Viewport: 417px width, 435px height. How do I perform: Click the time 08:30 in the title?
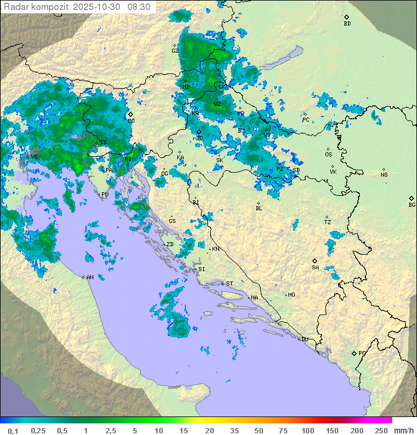(x=139, y=7)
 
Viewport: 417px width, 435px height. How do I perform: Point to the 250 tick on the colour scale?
(x=381, y=430)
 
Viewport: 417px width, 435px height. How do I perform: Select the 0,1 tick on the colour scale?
(x=13, y=430)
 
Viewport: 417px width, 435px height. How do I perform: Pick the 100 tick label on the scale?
(x=308, y=430)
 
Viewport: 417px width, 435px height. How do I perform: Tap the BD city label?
(x=347, y=24)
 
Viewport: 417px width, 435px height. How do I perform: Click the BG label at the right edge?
(x=412, y=204)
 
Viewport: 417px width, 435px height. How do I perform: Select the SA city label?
(x=315, y=267)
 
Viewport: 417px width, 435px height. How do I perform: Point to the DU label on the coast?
(x=305, y=339)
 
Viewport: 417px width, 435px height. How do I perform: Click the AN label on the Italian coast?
(x=90, y=277)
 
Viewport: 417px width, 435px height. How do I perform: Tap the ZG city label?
(x=199, y=138)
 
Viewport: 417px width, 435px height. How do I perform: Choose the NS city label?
(x=384, y=174)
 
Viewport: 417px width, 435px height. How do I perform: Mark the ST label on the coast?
(x=229, y=283)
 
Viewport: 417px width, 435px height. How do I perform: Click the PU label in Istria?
(x=105, y=195)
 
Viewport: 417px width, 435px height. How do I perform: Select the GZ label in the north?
(x=175, y=50)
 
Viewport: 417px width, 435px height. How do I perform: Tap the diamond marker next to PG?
(x=354, y=353)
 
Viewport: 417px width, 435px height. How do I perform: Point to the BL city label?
(x=259, y=208)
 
